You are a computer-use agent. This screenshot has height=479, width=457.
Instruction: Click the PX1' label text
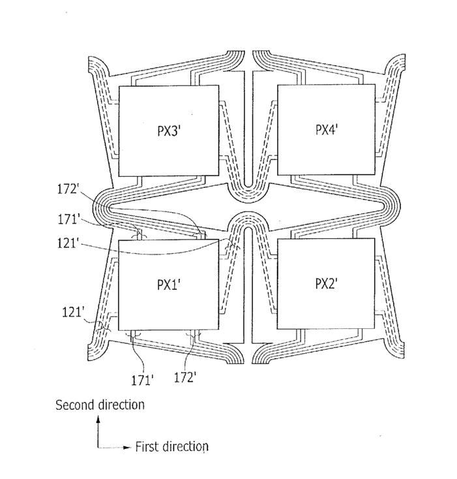(x=169, y=285)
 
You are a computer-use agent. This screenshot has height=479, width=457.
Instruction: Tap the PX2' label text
(x=326, y=284)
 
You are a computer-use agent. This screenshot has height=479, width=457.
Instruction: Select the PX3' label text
(x=170, y=131)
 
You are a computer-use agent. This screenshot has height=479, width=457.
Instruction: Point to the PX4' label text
(x=327, y=129)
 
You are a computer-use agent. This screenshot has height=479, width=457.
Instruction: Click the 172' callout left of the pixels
(x=68, y=189)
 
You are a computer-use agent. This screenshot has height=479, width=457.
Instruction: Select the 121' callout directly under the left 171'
(x=68, y=243)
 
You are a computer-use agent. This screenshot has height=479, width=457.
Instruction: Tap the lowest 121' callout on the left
(x=73, y=312)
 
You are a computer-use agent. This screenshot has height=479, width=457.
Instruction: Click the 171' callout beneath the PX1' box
(x=142, y=380)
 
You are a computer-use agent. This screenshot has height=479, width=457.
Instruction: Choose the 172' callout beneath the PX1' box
(x=185, y=378)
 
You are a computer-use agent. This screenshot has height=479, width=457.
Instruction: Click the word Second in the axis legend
(x=75, y=405)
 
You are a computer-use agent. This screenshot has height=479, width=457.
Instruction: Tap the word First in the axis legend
(x=147, y=446)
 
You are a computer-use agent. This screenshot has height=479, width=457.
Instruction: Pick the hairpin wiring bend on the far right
(x=394, y=207)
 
